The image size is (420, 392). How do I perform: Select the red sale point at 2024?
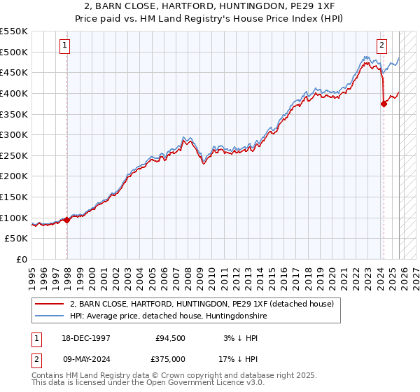click(384, 104)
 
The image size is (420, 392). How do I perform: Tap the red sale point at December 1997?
click(67, 220)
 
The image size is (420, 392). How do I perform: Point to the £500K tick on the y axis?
click(14, 52)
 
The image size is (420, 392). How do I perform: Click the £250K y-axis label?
click(14, 155)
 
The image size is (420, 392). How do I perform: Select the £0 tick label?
click(21, 259)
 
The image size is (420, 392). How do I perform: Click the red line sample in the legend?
click(50, 304)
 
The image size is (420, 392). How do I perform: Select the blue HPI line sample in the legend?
click(50, 316)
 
